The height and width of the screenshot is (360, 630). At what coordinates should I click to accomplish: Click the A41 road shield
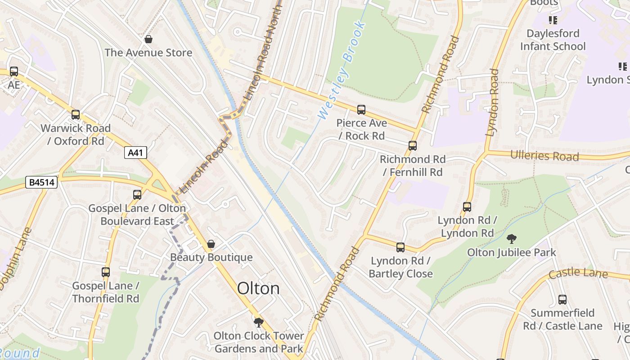point(135,153)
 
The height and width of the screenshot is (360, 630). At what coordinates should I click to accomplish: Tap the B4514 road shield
point(42,182)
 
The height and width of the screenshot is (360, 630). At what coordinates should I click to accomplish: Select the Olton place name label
point(258,288)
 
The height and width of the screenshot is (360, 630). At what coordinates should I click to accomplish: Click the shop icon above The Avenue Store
point(148,40)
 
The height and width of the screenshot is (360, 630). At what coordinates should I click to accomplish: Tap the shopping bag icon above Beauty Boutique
point(211,244)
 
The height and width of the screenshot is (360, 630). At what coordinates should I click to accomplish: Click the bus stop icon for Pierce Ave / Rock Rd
point(361,110)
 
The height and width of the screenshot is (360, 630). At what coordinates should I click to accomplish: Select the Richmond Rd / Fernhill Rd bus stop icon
point(412,146)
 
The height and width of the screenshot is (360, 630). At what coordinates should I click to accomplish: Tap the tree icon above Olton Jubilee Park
point(511,239)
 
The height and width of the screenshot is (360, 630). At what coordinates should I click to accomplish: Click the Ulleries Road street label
point(544,156)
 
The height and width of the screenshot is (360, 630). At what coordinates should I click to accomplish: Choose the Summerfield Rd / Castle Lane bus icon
point(562,300)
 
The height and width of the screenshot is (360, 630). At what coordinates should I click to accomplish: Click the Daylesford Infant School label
point(553,40)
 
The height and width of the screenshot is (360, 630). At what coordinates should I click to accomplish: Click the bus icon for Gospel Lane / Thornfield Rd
point(105,272)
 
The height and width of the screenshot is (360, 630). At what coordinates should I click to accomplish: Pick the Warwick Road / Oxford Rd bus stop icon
point(76,115)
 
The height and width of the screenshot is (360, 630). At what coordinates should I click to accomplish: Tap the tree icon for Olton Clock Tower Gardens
point(258,322)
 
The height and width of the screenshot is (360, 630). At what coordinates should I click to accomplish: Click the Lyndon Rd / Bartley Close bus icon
point(400,247)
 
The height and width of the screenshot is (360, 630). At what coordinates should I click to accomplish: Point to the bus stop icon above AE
point(14,72)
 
